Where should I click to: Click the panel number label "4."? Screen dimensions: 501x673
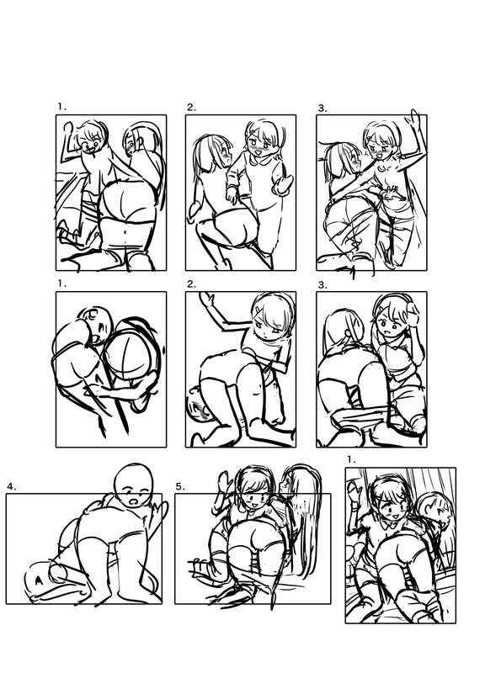click(x=12, y=487)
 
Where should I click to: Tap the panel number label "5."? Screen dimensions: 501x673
click(x=180, y=487)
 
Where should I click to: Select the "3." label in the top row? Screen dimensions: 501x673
click(x=322, y=109)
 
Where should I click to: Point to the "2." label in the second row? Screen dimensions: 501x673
click(x=192, y=284)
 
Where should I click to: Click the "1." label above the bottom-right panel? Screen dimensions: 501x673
click(x=352, y=459)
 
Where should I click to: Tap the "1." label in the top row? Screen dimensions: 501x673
click(x=62, y=107)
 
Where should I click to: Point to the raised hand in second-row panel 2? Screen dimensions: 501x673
click(x=208, y=299)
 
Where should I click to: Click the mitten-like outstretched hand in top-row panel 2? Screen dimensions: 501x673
click(x=284, y=185)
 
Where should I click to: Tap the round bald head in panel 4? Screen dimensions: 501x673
click(x=133, y=485)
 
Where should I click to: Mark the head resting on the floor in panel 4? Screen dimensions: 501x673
click(x=42, y=579)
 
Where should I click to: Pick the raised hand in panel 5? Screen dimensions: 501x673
click(x=224, y=482)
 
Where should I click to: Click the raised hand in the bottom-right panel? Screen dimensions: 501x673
click(x=356, y=491)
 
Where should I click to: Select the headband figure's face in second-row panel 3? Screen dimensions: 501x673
click(x=392, y=325)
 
